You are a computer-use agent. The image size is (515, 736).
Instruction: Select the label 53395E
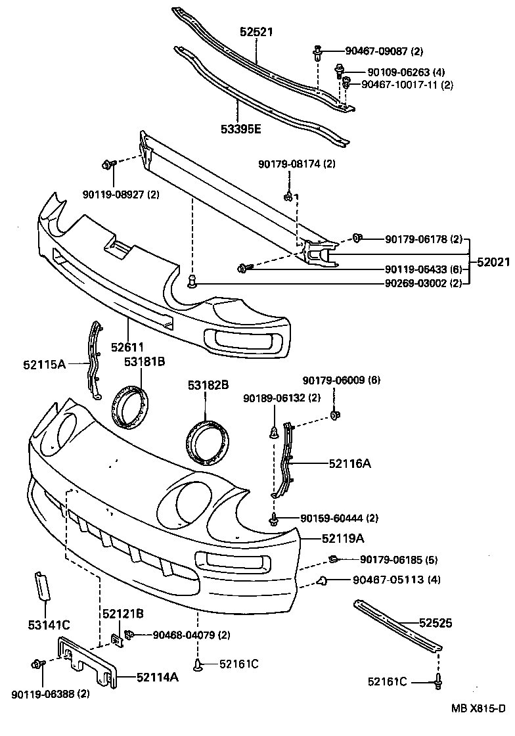pyautogui.click(x=240, y=129)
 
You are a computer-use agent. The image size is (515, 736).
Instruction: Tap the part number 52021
pyautogui.click(x=493, y=262)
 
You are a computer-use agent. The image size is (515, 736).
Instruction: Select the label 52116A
pyautogui.click(x=349, y=463)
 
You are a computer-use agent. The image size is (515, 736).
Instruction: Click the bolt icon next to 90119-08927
pyautogui.click(x=108, y=164)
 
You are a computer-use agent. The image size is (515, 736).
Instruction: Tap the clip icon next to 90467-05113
pyautogui.click(x=323, y=580)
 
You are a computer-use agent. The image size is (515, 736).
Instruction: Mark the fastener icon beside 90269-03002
pyautogui.click(x=192, y=283)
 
